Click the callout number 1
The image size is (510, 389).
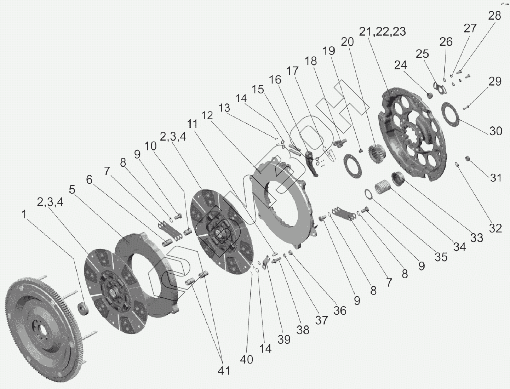point(24,214)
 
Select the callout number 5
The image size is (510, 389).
point(72,190)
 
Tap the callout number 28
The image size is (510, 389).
point(494,16)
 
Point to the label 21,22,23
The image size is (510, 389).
point(382,32)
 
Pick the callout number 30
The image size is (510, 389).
point(496,131)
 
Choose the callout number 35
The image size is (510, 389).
point(441,257)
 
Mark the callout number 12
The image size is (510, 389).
point(207,115)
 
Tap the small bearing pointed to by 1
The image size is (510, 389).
point(83,309)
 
